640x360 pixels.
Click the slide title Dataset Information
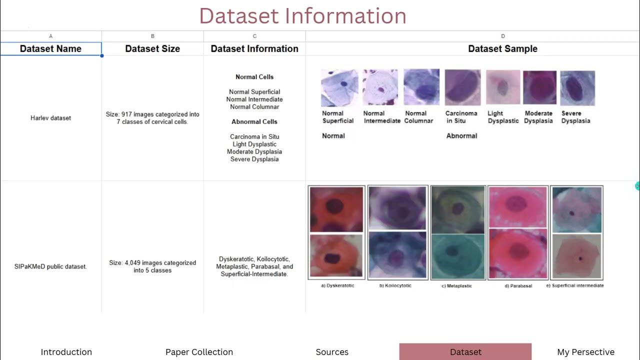(302, 16)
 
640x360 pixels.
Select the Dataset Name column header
(50, 48)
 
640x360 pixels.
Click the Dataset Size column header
(152, 48)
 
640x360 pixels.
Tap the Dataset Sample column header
(502, 48)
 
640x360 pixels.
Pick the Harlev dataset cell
(50, 118)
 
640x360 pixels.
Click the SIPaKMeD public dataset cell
(50, 266)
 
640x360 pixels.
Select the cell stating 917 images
(152, 118)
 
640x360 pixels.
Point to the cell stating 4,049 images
(152, 266)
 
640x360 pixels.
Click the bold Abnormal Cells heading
(254, 121)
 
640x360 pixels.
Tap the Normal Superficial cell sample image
(339, 87)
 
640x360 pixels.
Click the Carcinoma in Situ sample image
(462, 87)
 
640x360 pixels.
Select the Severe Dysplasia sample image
(577, 87)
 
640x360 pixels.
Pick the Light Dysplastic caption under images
(502, 117)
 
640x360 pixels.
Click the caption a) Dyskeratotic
(337, 285)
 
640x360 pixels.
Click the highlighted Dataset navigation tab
(465, 352)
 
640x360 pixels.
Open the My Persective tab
(585, 352)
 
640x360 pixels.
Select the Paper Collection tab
(199, 352)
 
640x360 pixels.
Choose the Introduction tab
(66, 352)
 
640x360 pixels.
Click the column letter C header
(254, 36)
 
